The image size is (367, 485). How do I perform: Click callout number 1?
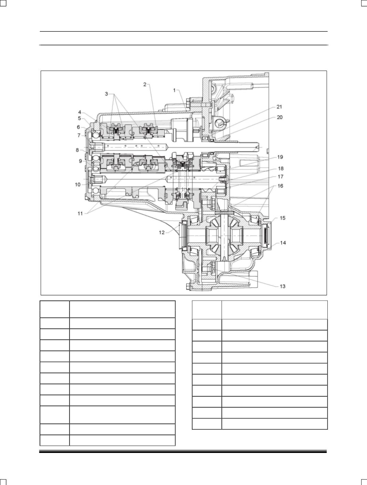174,90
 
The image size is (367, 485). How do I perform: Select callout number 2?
145,84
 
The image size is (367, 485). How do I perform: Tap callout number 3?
106,94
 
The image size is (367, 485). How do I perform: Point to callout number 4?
80,112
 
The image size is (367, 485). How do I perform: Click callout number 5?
79,118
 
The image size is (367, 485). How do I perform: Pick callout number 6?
78,127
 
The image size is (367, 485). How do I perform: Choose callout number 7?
79,135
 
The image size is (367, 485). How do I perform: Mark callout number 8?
77,150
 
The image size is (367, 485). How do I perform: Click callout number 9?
81,161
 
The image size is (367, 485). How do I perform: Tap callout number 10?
77,185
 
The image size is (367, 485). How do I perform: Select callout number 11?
80,214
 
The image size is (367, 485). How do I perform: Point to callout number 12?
162,233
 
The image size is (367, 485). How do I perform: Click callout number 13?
283,286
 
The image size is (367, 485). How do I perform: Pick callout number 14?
283,243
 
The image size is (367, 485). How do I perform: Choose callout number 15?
283,218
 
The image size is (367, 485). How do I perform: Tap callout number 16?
280,186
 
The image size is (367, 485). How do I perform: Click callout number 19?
280,157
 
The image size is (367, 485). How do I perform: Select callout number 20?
280,117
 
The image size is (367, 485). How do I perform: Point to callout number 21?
279,107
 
